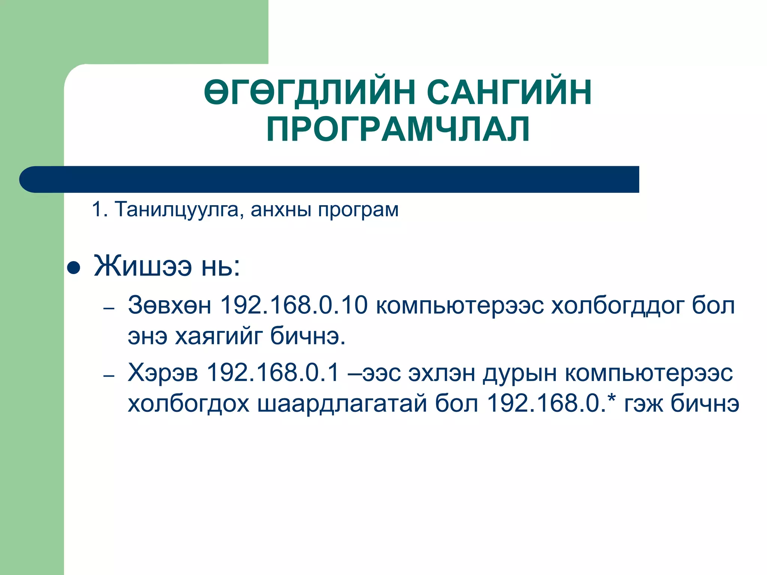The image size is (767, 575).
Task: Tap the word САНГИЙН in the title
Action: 509,92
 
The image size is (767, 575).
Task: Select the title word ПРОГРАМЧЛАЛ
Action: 398,129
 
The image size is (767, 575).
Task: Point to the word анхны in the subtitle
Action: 281,210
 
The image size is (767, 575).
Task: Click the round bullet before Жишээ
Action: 73,268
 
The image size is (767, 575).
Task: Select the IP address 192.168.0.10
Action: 294,305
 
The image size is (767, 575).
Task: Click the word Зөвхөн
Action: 170,305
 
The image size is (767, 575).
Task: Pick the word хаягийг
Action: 219,336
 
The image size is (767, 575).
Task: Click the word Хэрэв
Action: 163,373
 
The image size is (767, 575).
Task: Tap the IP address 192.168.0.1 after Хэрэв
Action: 273,372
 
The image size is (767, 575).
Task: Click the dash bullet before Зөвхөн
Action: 109,309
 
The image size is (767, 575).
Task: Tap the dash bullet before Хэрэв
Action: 109,376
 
